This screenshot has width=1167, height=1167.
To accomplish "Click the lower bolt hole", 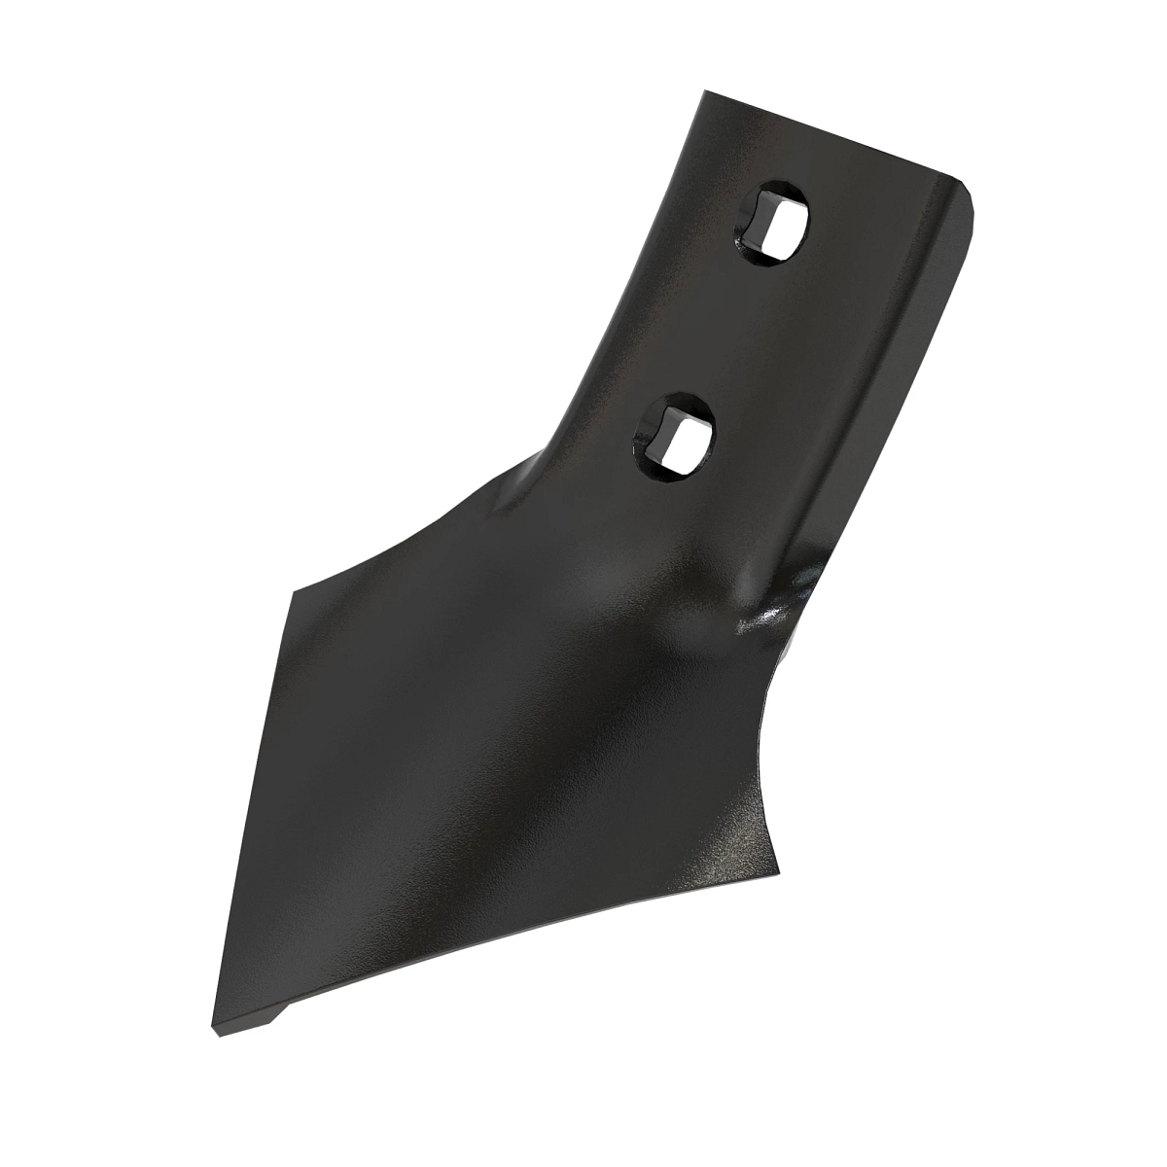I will click(x=677, y=437).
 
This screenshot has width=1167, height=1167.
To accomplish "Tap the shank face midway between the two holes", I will click(x=725, y=331).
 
